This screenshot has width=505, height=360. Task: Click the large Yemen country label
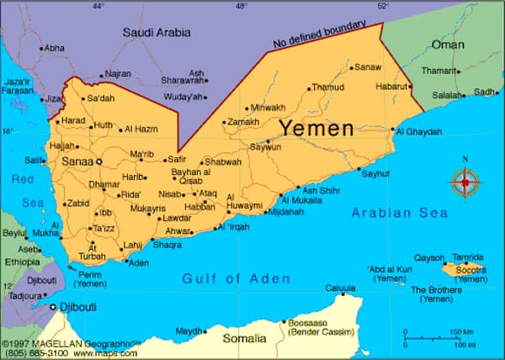point(316,129)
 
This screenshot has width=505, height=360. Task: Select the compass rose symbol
point(465,182)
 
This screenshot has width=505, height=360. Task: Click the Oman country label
point(447,44)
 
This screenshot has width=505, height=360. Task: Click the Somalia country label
point(244,338)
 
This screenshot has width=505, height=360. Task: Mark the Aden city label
point(138,263)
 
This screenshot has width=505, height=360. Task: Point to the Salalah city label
point(447,95)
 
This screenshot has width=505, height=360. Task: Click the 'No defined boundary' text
point(321,34)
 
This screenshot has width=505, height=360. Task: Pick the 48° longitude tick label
point(242,6)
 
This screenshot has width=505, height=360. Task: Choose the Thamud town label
point(328,87)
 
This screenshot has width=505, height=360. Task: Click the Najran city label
point(117,74)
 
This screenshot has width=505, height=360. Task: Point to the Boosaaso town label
point(307,323)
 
